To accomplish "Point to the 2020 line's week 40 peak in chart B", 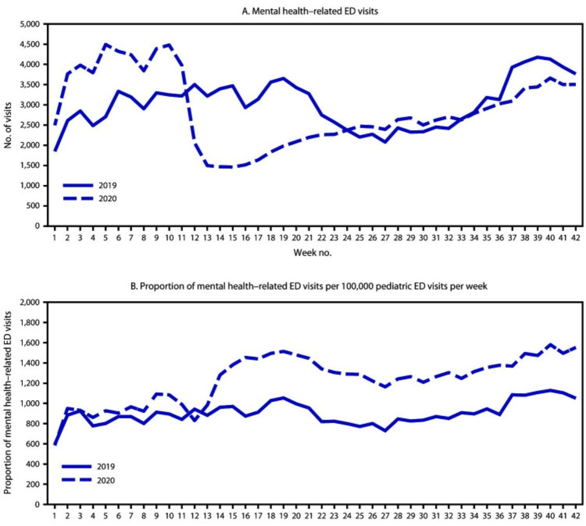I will pos(550,344).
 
